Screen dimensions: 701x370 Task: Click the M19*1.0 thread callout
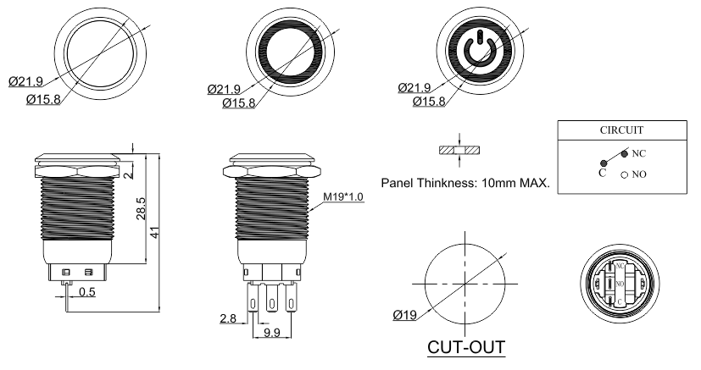tap(343, 196)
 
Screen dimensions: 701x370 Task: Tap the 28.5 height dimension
tap(141, 208)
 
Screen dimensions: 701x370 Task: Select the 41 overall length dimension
tap(154, 232)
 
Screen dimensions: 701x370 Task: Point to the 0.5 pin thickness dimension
tap(87, 292)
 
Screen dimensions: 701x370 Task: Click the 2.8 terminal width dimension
tap(228, 318)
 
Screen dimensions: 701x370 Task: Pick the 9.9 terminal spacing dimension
tap(272, 333)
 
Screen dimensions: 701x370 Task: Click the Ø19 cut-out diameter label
tap(404, 316)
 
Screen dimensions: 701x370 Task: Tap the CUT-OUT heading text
tap(466, 347)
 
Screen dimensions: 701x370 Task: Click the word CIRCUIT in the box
tap(621, 130)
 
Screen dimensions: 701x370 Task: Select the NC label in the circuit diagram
tap(639, 153)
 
